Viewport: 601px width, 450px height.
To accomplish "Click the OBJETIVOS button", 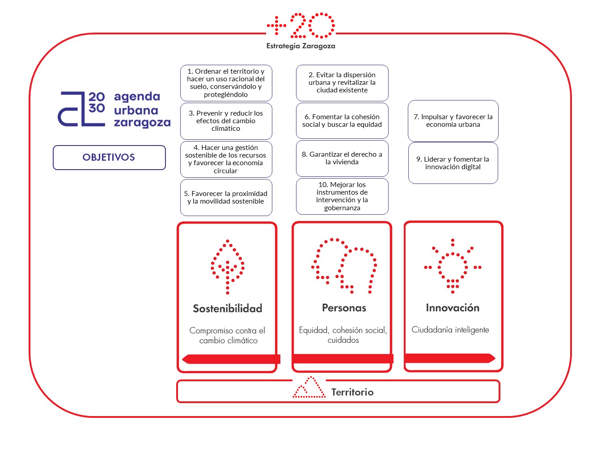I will [x=109, y=158].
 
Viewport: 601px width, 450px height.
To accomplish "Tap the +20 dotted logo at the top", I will [x=301, y=26].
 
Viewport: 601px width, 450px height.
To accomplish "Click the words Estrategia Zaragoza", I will [x=300, y=46].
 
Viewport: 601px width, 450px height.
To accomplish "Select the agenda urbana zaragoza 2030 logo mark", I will [x=81, y=109].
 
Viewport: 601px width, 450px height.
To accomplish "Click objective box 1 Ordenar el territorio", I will [x=226, y=83].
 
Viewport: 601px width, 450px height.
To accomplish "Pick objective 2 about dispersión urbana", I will [x=342, y=83].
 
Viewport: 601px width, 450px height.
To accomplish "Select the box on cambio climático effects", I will [x=226, y=121].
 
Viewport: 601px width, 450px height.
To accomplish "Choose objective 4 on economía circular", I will [x=226, y=159].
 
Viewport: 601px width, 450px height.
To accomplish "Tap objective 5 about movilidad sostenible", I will [x=226, y=197].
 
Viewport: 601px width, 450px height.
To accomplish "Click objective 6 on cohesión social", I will [x=342, y=121].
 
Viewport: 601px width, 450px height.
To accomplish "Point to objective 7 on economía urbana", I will [x=453, y=121].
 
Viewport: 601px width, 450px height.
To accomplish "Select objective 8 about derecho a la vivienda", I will [x=342, y=158].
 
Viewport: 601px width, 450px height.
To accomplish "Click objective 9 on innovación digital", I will [x=453, y=163].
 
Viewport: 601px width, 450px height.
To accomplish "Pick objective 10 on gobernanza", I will [x=342, y=196].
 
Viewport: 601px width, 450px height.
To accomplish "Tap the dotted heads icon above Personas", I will [x=344, y=265].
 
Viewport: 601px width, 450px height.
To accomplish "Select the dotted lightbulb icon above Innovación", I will [x=453, y=266].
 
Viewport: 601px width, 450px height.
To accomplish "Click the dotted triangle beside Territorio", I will [x=309, y=387].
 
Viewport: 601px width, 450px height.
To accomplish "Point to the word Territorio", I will [x=352, y=392].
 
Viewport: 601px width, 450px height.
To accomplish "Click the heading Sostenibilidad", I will [x=228, y=308].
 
